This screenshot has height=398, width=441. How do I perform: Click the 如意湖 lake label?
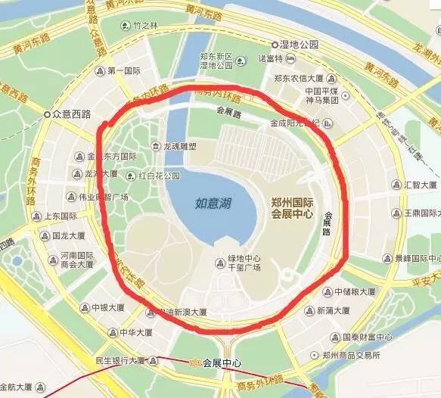pos(212,203)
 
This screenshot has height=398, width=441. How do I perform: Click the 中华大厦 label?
pos(135,332)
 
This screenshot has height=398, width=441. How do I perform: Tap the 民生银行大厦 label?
pos(121,359)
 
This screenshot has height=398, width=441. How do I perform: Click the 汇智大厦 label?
pos(420,185)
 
